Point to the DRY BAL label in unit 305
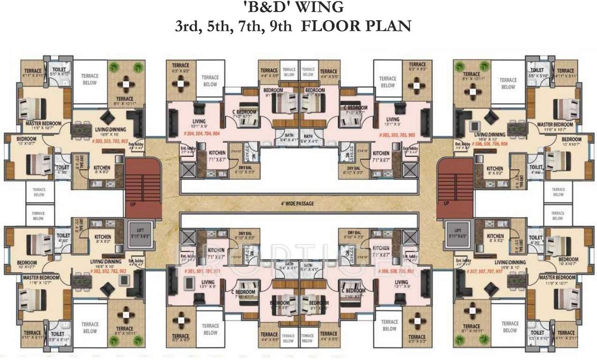354,168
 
